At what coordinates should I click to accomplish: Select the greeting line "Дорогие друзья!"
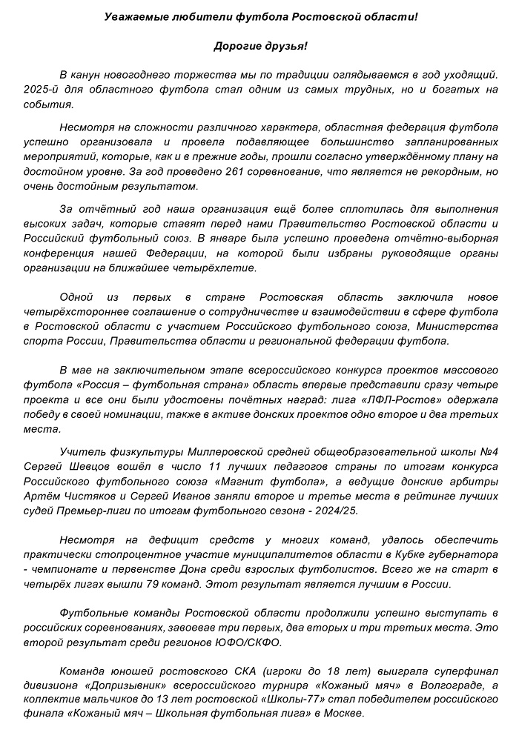tap(260, 46)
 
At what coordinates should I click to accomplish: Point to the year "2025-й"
tap(77, 90)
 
